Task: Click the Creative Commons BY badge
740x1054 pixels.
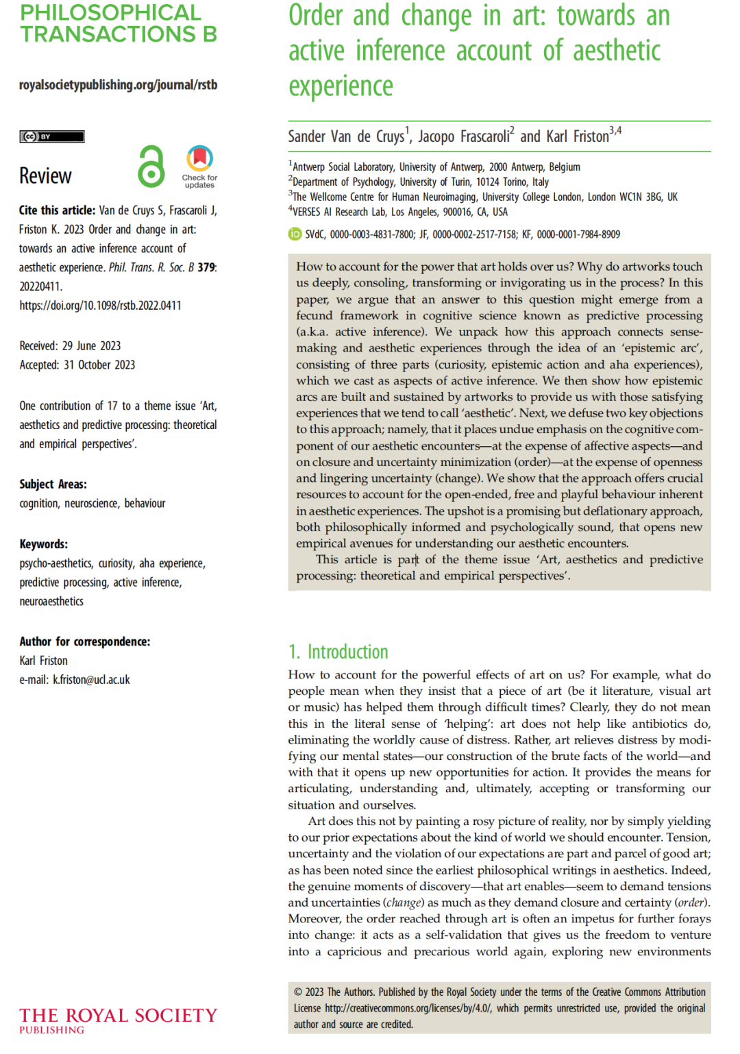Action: pyautogui.click(x=51, y=136)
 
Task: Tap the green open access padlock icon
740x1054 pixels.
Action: pyautogui.click(x=151, y=167)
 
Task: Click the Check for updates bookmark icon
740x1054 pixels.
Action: pyautogui.click(x=199, y=159)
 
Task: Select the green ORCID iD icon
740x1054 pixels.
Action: pyautogui.click(x=295, y=234)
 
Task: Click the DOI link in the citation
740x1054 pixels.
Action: pyautogui.click(x=100, y=306)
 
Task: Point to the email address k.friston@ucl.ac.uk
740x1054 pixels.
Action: pyautogui.click(x=91, y=680)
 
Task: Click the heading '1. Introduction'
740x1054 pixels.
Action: pyautogui.click(x=338, y=652)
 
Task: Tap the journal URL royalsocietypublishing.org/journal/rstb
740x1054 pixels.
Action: pyautogui.click(x=118, y=85)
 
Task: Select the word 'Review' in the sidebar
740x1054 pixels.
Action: pyautogui.click(x=45, y=176)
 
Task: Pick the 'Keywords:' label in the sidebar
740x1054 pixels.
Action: pyautogui.click(x=43, y=544)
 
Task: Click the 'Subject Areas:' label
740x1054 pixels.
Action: pyautogui.click(x=53, y=485)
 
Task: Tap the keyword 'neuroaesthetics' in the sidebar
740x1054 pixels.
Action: pyautogui.click(x=51, y=602)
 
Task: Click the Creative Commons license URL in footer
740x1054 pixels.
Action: pyautogui.click(x=408, y=1009)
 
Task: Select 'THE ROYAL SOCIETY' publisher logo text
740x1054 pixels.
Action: pyautogui.click(x=118, y=1016)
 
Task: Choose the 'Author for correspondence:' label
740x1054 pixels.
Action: pyautogui.click(x=84, y=642)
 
